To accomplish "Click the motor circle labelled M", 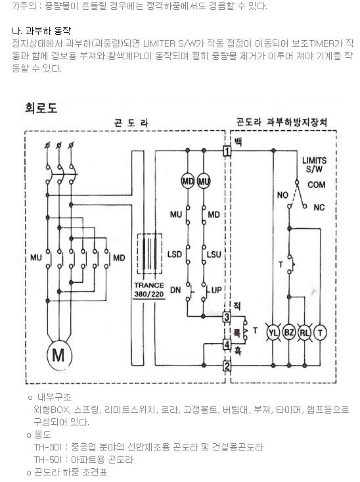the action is tap(59, 356).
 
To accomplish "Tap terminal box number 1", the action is tap(227, 151).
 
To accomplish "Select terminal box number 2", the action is tap(227, 366).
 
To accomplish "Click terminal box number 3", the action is tap(227, 316).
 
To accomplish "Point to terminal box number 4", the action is tap(227, 345).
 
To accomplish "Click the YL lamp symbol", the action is tap(273, 332).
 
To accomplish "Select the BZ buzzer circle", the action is tap(289, 332).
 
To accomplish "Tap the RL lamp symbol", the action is tap(304, 332).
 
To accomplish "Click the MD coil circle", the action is tap(187, 181).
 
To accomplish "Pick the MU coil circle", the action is tap(204, 181).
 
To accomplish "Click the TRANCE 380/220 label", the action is tap(149, 289).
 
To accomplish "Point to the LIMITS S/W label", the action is tap(314, 165).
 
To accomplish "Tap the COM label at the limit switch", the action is tap(317, 185).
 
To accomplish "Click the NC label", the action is tap(319, 208).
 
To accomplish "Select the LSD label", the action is tap(175, 254).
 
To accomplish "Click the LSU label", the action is tap(214, 254).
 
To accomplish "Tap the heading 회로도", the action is tap(41, 108).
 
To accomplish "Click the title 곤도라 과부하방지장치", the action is tap(281, 122).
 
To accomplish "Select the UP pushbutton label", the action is tap(216, 290).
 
